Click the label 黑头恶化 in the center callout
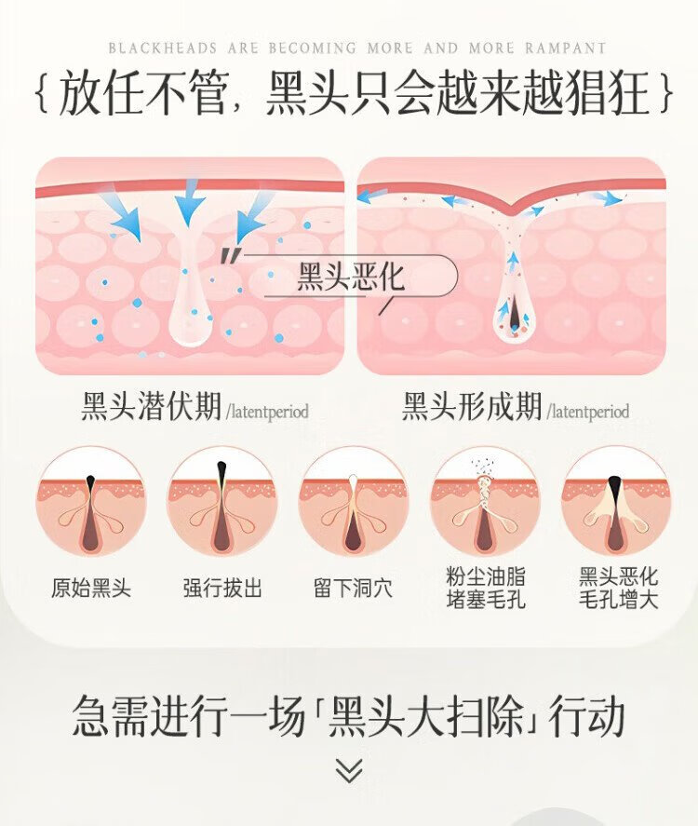click(351, 278)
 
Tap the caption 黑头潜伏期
click(152, 407)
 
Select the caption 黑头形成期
click(472, 407)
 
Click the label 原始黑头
click(91, 588)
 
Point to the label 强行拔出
click(222, 588)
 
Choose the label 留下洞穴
click(353, 588)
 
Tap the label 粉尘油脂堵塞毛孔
click(485, 589)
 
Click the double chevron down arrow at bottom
click(349, 770)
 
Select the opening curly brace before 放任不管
click(40, 95)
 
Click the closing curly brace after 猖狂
click(664, 95)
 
